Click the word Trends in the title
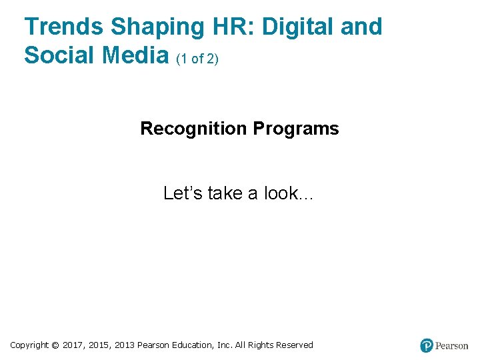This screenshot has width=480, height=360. click(64, 27)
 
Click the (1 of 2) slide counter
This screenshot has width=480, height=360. click(197, 59)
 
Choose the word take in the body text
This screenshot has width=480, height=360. click(225, 193)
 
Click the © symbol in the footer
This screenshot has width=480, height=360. click(55, 345)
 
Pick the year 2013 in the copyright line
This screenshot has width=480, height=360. click(124, 345)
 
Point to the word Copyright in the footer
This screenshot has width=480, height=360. click(29, 345)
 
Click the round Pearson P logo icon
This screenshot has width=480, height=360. click(427, 345)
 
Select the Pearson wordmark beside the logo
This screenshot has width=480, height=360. click(452, 346)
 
